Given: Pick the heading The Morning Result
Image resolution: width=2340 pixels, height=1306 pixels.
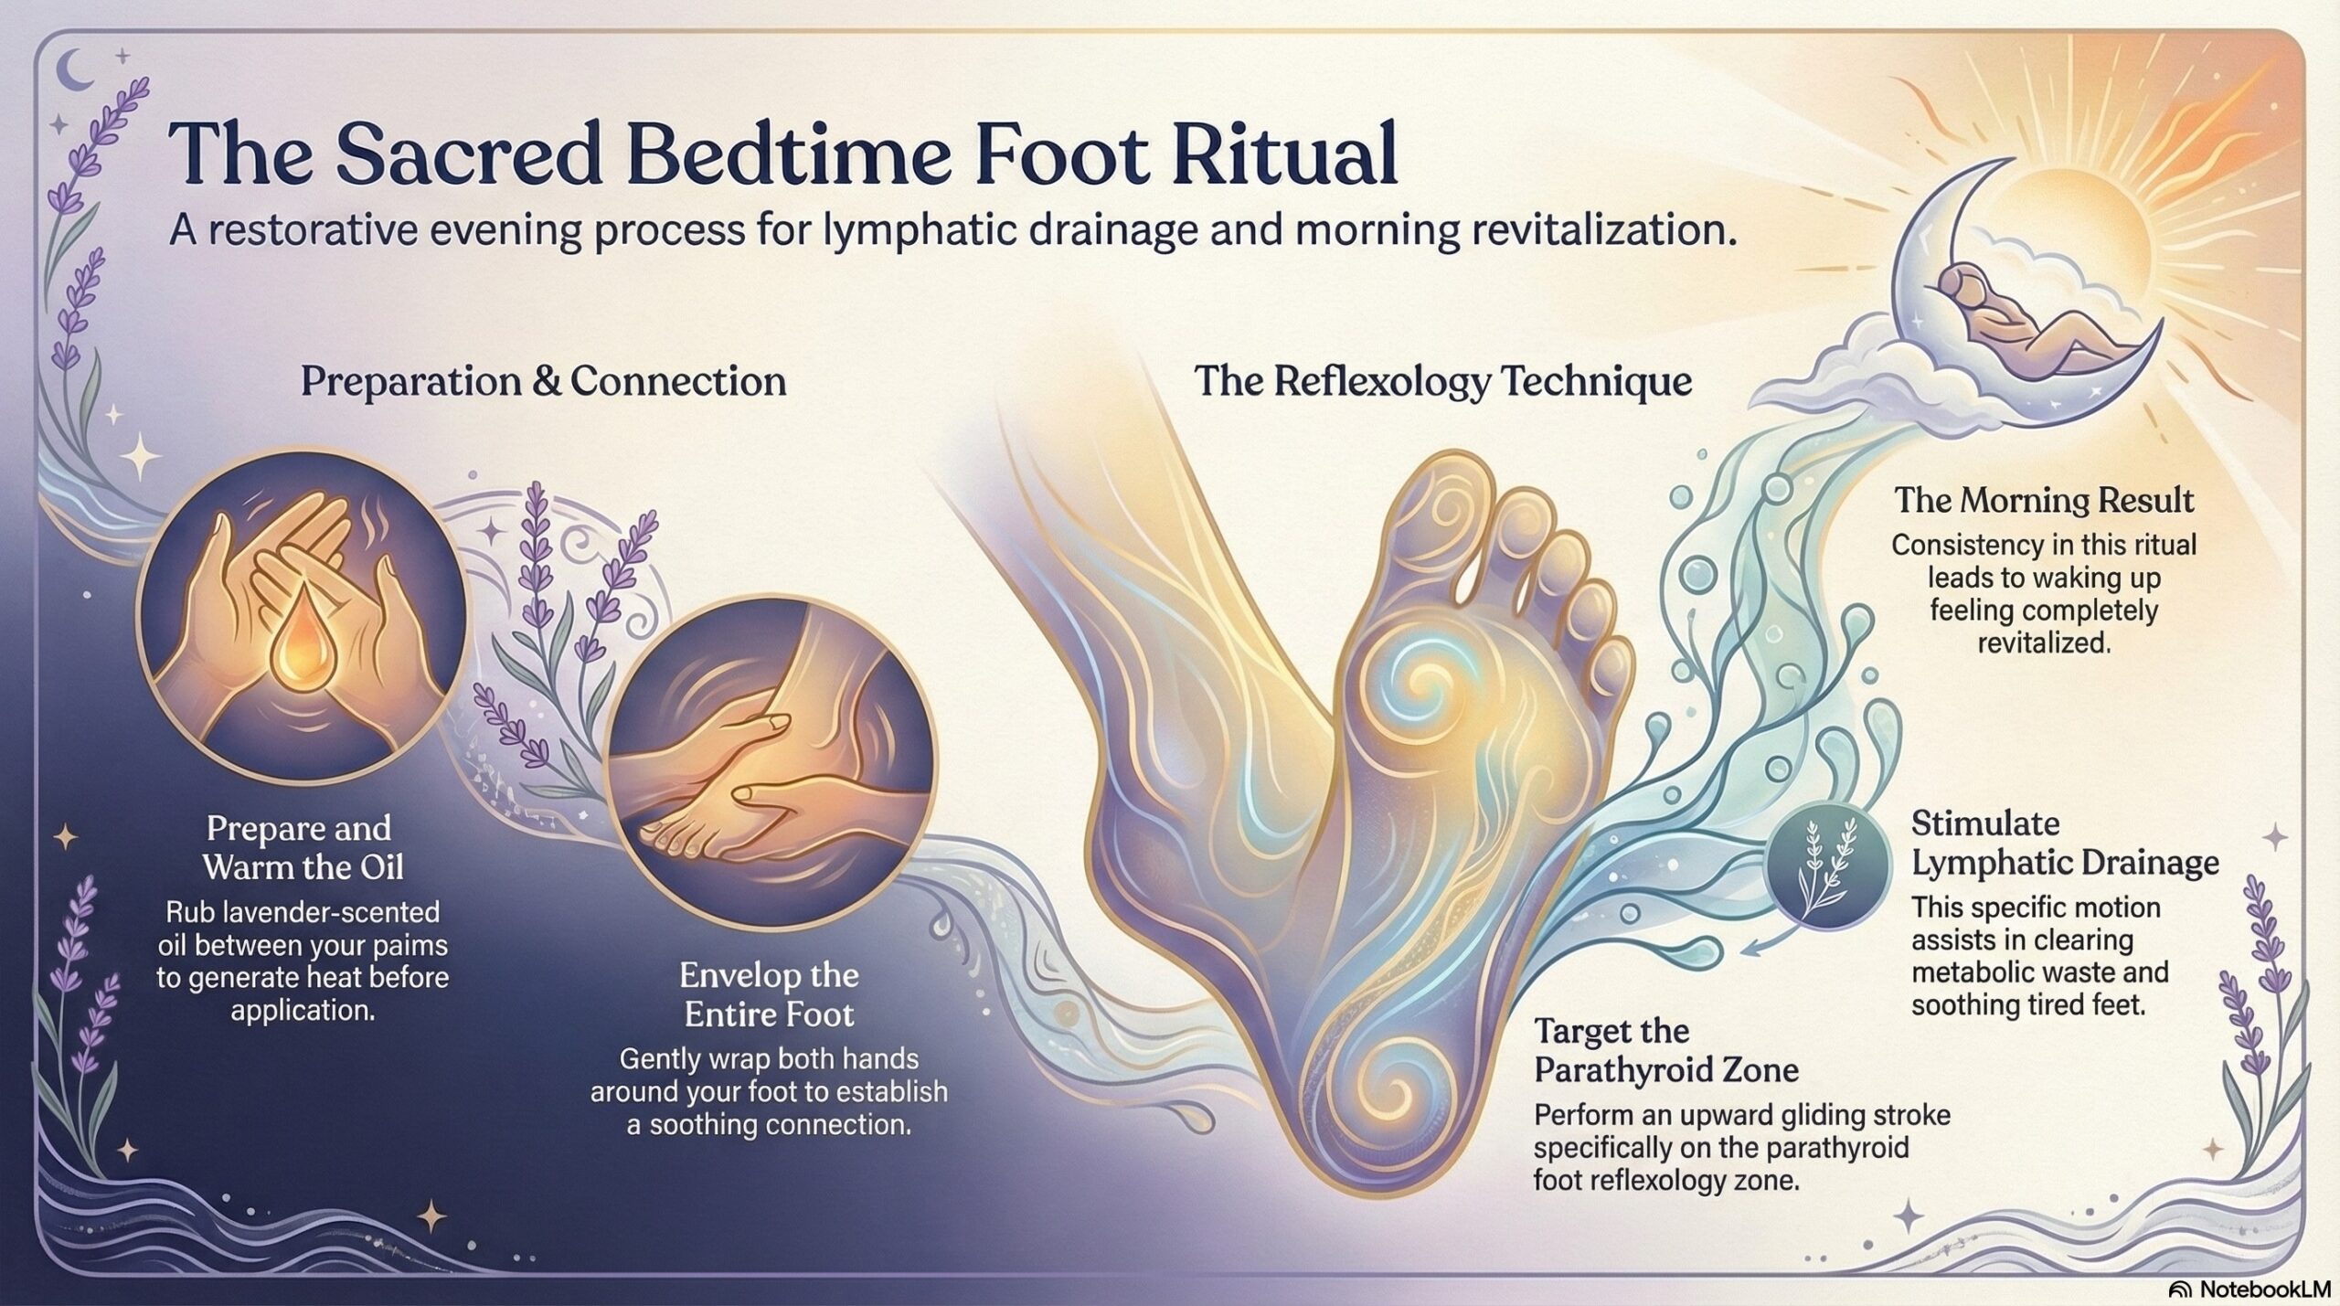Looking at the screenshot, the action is coord(2044,500).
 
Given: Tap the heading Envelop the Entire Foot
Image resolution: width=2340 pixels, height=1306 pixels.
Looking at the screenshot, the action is coord(770,994).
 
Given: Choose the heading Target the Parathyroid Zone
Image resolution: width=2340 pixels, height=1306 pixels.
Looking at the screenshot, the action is coord(1666,1050).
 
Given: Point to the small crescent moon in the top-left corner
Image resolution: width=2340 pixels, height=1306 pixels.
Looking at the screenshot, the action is coord(76,69).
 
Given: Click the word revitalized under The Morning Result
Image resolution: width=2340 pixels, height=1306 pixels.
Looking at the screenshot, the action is coord(2044,642).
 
